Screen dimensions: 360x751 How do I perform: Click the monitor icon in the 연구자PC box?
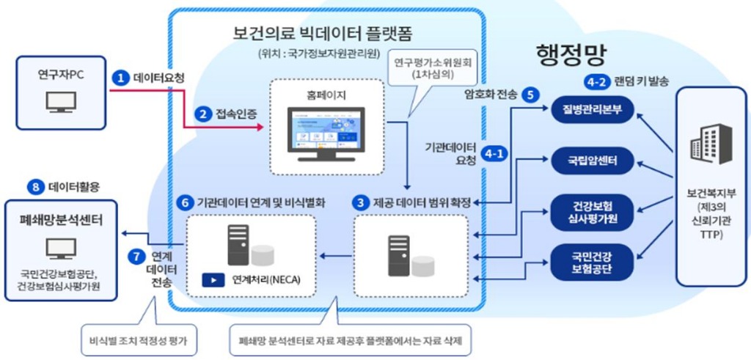pyautogui.click(x=56, y=101)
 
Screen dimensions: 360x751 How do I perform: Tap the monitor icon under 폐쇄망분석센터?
pyautogui.click(x=56, y=250)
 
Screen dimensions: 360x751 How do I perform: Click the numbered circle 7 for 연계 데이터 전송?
pyautogui.click(x=136, y=257)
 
